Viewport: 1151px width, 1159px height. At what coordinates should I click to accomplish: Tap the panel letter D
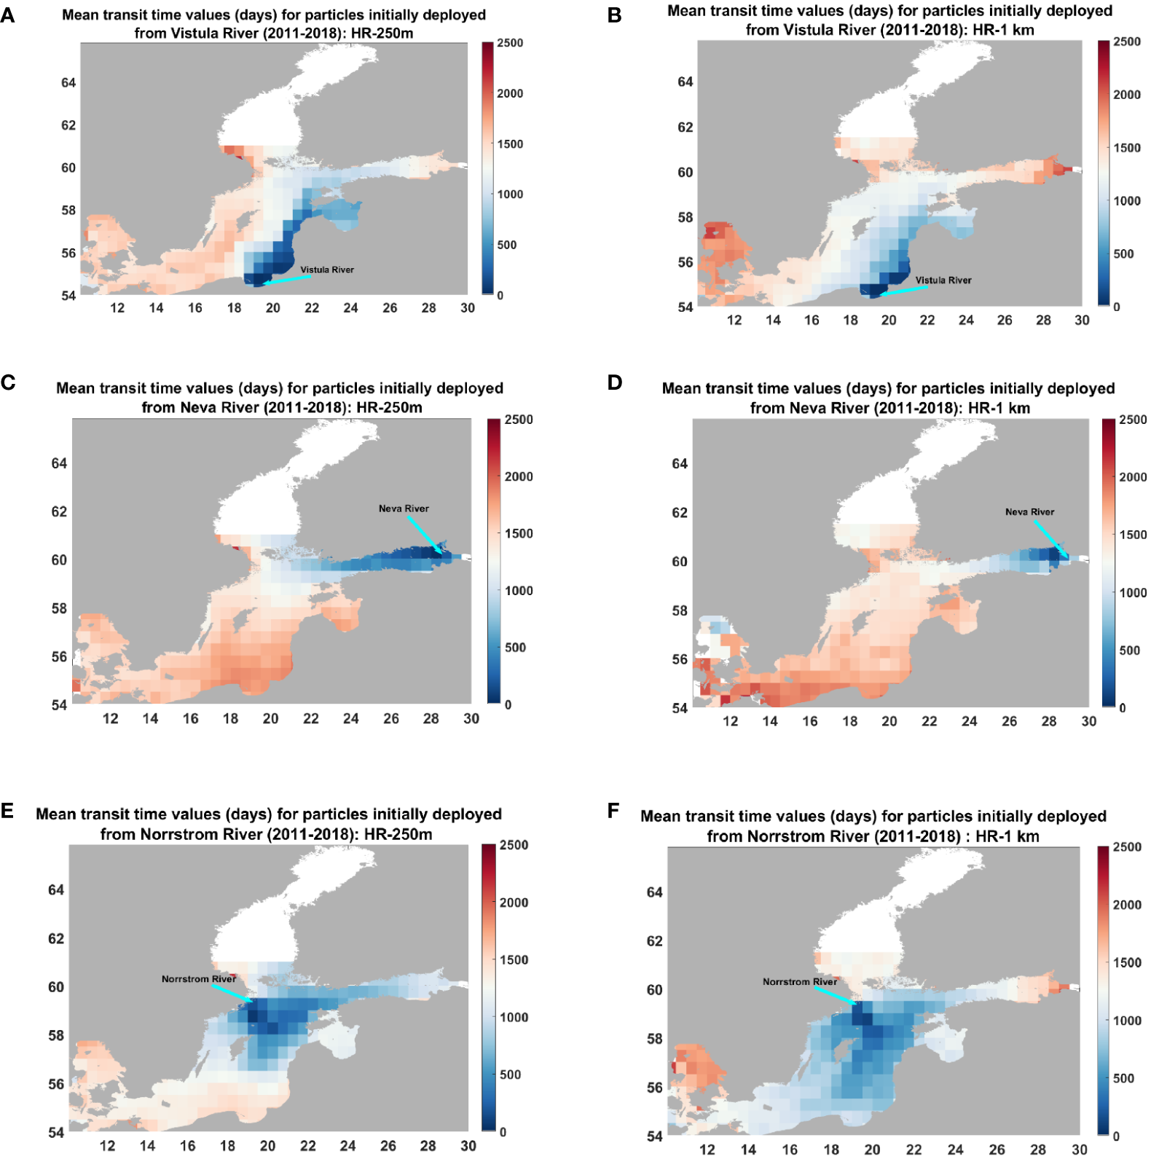tap(615, 382)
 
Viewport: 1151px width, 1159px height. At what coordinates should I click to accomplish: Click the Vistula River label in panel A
tap(327, 270)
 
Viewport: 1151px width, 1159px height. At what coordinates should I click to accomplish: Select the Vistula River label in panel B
tap(943, 280)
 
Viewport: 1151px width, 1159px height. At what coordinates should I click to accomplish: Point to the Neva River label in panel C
tap(404, 508)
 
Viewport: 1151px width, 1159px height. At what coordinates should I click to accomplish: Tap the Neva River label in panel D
tap(1029, 512)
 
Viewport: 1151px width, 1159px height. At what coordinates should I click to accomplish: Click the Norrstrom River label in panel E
tap(198, 979)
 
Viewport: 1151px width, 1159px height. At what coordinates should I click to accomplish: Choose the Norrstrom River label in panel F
tap(799, 982)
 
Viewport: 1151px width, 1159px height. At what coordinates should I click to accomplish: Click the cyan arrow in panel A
tap(287, 279)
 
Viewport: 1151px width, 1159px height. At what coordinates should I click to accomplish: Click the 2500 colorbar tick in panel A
tap(510, 43)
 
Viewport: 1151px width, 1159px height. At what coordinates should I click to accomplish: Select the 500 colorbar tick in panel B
tap(1123, 254)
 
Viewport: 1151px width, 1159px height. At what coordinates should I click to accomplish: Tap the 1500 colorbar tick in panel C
tap(518, 533)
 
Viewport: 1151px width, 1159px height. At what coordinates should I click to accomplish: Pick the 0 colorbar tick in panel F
tap(1116, 1136)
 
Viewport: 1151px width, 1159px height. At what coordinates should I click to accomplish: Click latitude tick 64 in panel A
tap(68, 83)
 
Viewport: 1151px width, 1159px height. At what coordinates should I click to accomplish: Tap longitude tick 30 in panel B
tap(1082, 320)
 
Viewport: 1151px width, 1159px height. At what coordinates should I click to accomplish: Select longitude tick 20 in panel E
tap(268, 1146)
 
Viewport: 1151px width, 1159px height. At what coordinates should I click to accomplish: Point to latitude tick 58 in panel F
tap(654, 1038)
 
